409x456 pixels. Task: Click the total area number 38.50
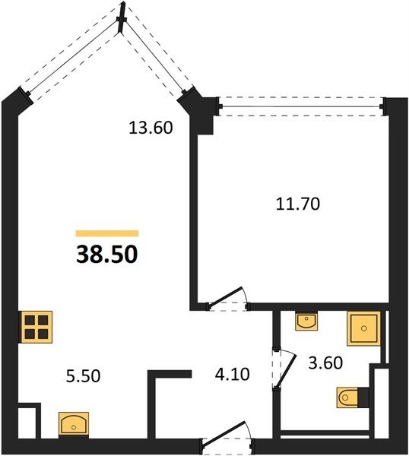click(x=106, y=254)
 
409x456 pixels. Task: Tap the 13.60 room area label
click(x=151, y=128)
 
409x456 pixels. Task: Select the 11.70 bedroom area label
click(x=298, y=204)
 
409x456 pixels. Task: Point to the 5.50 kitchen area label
click(x=83, y=375)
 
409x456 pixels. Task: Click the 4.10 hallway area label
click(x=232, y=374)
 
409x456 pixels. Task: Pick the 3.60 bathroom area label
click(x=325, y=363)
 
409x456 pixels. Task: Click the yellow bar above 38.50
click(x=107, y=233)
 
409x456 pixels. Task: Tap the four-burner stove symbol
click(x=36, y=327)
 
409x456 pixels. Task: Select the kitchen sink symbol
click(x=74, y=424)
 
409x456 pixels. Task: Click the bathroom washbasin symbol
click(x=306, y=321)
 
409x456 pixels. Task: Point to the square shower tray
click(x=364, y=328)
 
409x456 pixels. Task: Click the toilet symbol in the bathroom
click(x=353, y=397)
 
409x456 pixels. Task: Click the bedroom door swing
click(x=227, y=299)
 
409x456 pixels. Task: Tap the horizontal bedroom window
click(x=301, y=106)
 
